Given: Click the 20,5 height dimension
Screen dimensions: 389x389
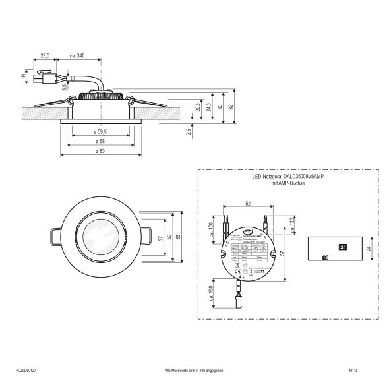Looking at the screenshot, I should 198,107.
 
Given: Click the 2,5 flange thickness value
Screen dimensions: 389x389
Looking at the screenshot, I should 189,133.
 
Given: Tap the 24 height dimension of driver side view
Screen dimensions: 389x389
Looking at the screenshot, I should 370,249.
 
